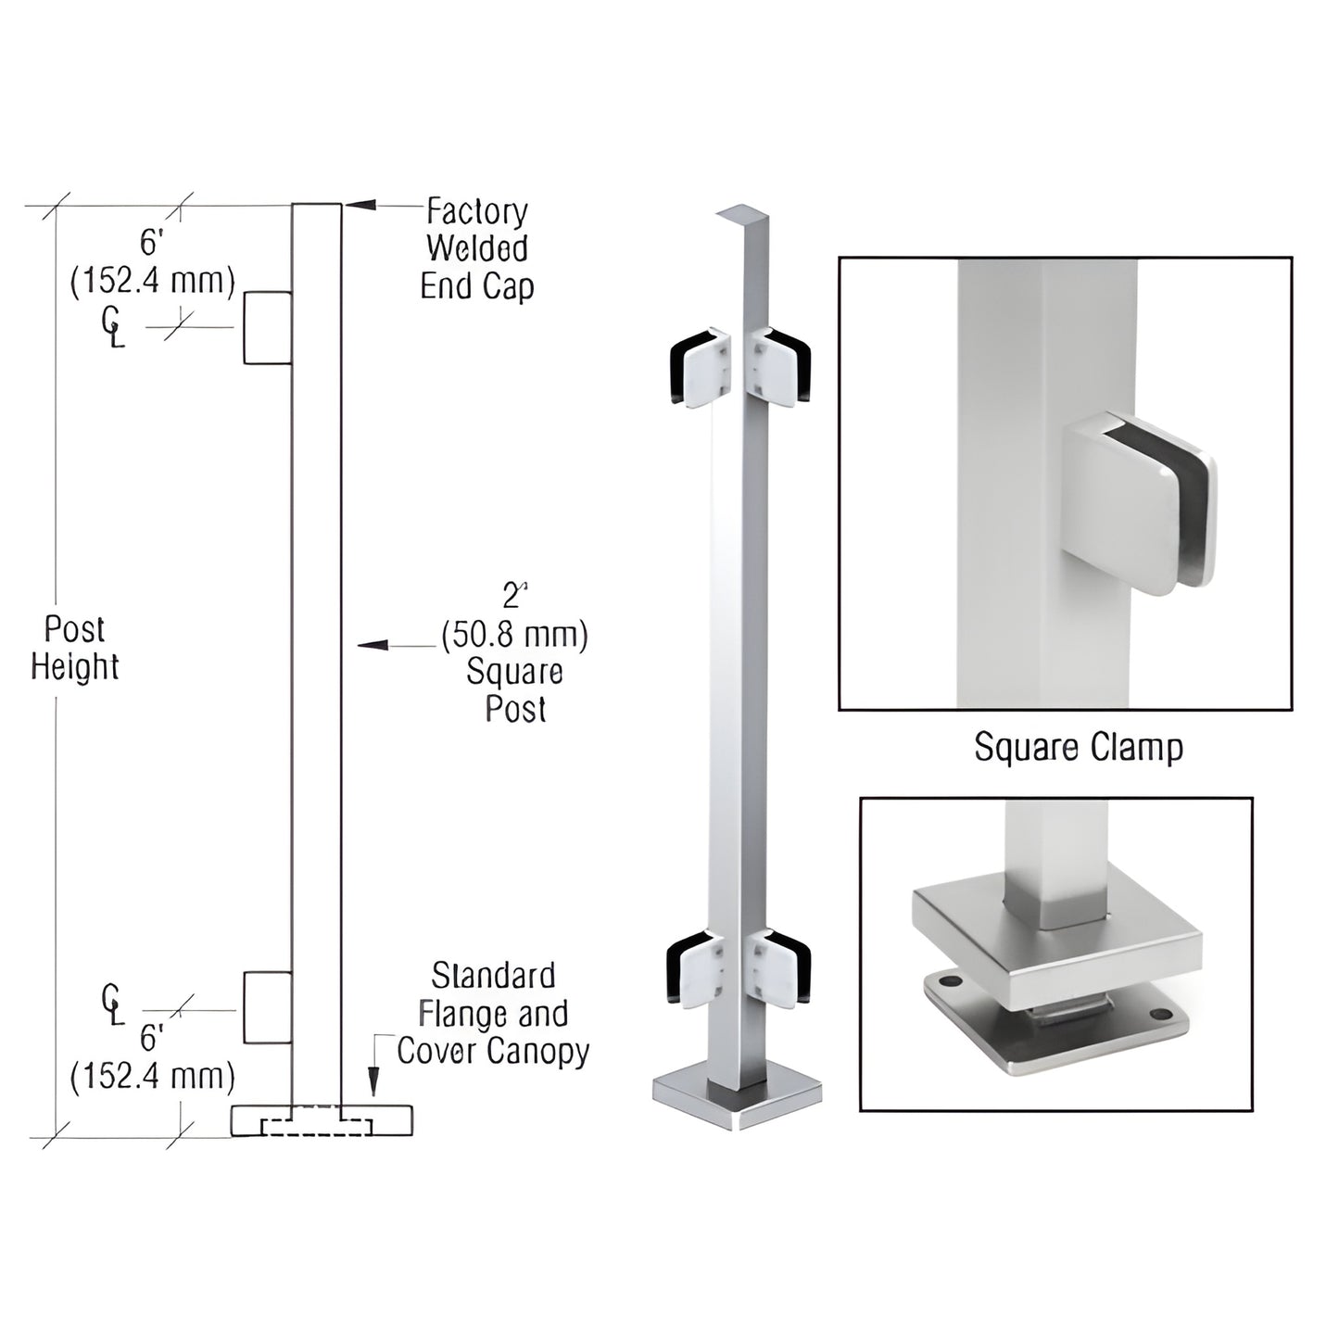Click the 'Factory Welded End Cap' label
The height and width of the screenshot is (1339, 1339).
(476, 249)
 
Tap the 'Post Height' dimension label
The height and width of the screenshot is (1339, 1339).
(75, 649)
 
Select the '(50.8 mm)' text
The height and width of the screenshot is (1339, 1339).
(514, 636)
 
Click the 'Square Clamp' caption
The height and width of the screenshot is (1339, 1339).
(1078, 747)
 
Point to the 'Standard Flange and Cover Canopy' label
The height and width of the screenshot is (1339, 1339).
(493, 1014)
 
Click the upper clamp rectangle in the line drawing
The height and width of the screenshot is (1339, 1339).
(268, 328)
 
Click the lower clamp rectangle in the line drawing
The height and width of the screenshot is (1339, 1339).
(268, 1007)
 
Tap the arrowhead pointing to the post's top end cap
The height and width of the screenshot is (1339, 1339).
(360, 205)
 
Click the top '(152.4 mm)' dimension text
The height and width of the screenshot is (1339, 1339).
(153, 280)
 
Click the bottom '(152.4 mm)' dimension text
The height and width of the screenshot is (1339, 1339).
(153, 1076)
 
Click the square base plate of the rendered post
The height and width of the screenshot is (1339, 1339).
(739, 1102)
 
